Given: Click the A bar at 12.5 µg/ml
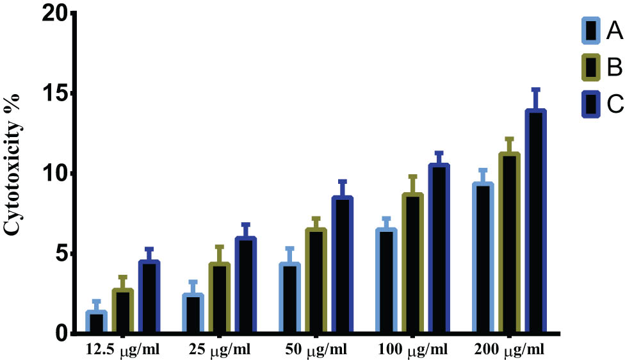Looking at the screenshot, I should tap(96, 322).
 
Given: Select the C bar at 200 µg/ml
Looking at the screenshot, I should tap(535, 222).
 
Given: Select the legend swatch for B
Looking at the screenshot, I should tap(590, 67).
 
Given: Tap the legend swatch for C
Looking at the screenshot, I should tap(590, 104).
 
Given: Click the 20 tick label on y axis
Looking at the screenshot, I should tap(56, 13).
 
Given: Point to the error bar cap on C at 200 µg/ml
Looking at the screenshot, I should tap(535, 90).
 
